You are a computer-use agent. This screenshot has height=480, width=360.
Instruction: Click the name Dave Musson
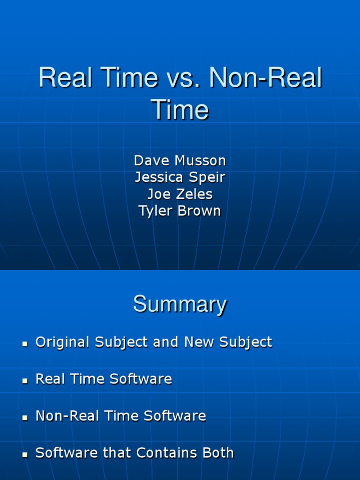180,161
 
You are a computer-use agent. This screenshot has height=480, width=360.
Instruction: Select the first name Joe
157,194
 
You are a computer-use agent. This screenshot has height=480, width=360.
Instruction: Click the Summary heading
180,305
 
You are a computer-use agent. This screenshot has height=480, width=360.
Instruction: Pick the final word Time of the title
180,111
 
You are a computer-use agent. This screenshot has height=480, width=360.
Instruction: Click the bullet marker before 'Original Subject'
25,344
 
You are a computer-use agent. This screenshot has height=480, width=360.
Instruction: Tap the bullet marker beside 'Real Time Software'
25,381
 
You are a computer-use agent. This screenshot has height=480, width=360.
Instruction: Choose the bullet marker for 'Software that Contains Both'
25,455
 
